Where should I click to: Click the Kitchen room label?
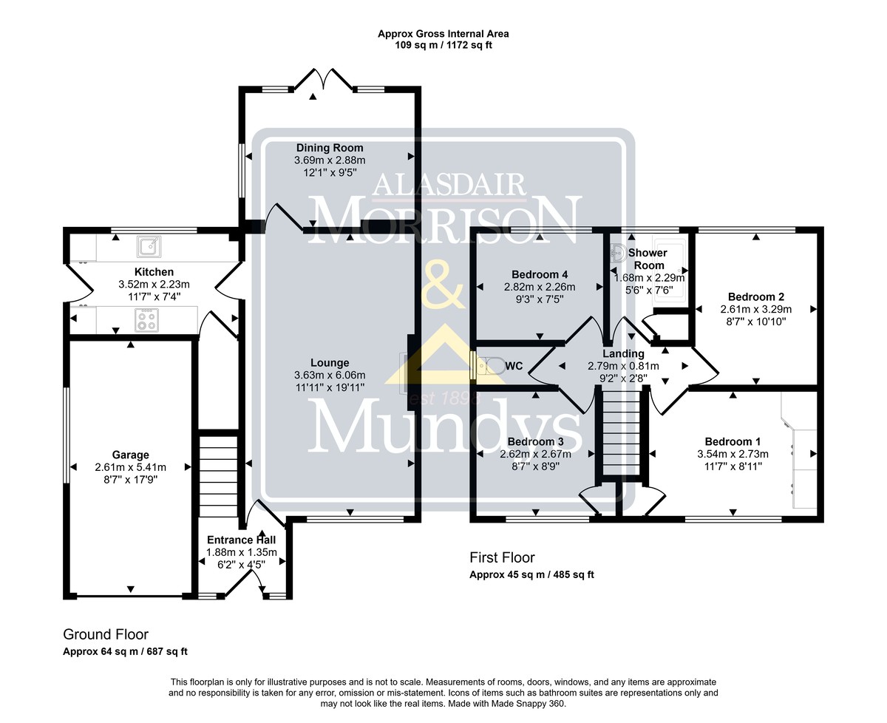tap(154, 272)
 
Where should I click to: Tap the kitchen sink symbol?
tap(149, 247)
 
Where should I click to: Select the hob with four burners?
tap(146, 320)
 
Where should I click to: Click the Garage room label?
tap(130, 455)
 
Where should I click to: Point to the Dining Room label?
tap(330, 148)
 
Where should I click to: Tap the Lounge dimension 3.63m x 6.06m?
tap(330, 376)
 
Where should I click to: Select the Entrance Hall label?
tap(241, 540)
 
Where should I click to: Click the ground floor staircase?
tap(218, 476)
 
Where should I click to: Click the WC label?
tap(514, 366)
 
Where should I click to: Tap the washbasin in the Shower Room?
tap(620, 253)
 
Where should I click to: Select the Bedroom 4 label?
tap(540, 274)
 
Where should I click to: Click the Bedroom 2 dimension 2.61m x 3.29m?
tap(756, 310)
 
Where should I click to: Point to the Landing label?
tap(623, 353)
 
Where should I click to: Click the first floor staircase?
tap(622, 433)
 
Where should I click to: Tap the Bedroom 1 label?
tap(733, 441)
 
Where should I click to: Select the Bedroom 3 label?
tap(535, 441)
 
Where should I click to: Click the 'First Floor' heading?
tap(502, 557)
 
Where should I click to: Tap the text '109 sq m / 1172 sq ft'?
tap(443, 45)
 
